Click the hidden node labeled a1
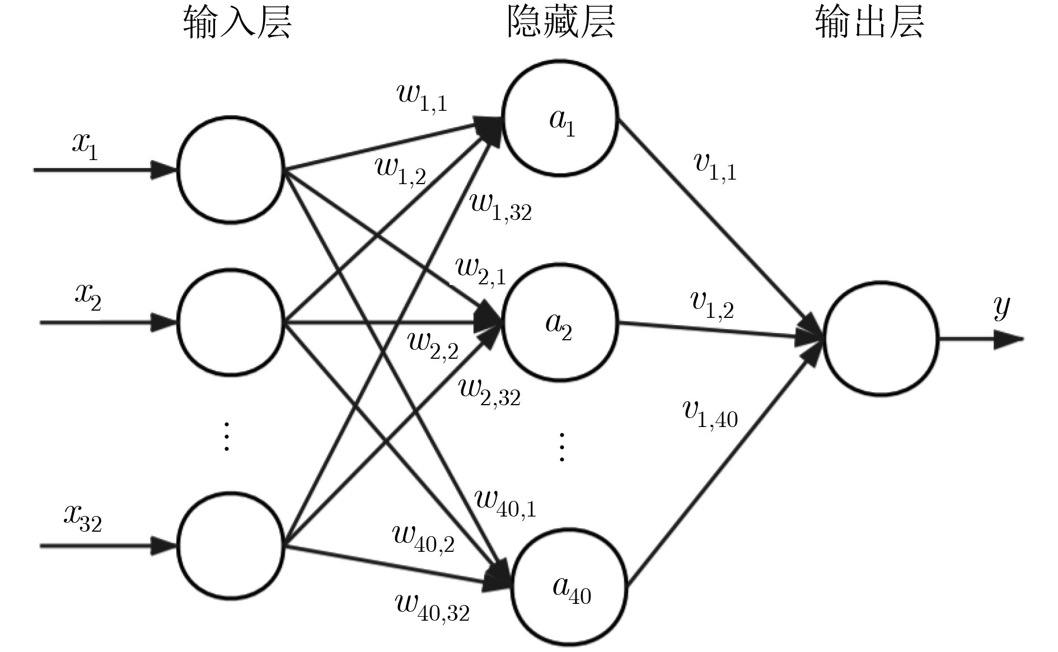560,118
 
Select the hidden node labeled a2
560,323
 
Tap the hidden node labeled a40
570,588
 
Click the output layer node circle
881,339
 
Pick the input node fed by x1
231,170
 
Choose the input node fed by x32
231,546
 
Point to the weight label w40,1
505,501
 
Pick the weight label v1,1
715,166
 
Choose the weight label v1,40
710,414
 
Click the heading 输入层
237,24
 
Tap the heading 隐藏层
560,24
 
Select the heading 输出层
869,24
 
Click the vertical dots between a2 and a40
561,447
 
